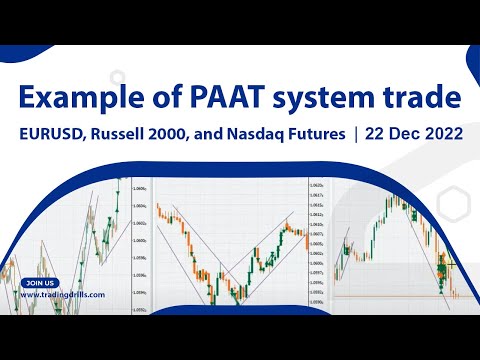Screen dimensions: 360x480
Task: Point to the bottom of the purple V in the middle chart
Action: point(211,300)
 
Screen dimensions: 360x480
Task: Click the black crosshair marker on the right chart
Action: point(448,264)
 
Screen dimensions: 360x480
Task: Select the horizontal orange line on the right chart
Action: point(400,296)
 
